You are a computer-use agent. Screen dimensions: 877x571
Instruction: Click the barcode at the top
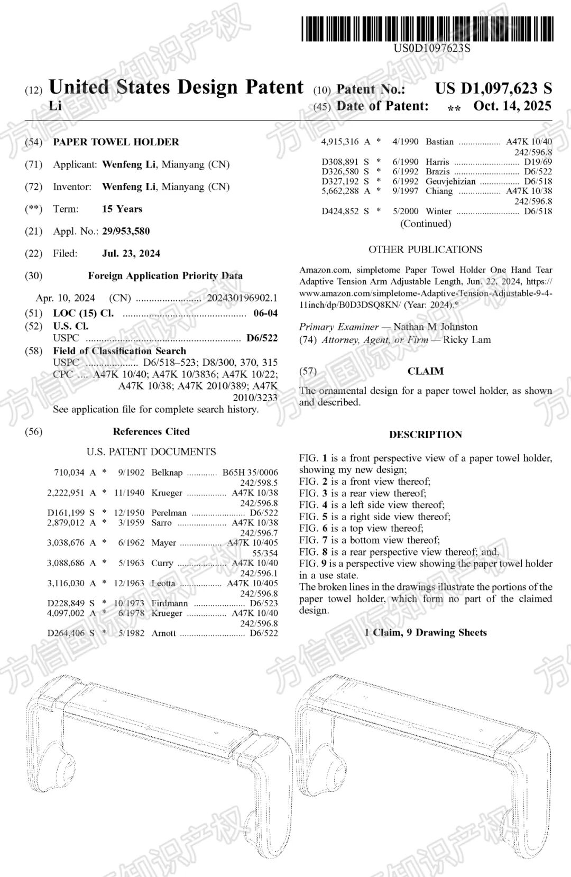[x=427, y=29]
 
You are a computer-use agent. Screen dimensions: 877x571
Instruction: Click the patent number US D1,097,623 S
[x=493, y=88]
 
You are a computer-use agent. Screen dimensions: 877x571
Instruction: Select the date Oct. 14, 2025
[x=512, y=106]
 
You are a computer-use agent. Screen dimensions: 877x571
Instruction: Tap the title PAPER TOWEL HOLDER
[x=116, y=142]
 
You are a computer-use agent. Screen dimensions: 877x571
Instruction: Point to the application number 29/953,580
[x=126, y=231]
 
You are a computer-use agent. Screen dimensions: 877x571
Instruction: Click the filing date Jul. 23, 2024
[x=131, y=253]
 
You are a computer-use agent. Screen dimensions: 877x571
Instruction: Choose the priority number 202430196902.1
[x=242, y=298]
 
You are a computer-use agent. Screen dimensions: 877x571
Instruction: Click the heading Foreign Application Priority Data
[x=165, y=275]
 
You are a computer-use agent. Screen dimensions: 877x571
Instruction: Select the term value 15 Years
[x=122, y=209]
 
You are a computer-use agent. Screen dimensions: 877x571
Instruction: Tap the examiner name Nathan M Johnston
[x=435, y=327]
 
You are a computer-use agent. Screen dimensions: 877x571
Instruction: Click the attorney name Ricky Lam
[x=467, y=339]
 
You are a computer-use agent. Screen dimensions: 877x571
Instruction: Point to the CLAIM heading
[x=425, y=371]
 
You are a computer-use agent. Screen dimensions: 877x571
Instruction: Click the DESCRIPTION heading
[x=425, y=435]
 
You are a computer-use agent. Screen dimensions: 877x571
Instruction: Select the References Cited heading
[x=151, y=431]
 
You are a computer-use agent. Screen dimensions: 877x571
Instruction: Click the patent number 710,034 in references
[x=69, y=472]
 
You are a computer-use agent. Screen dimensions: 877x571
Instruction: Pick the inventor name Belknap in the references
[x=167, y=472]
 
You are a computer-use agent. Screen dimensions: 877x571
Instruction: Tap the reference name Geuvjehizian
[x=450, y=181]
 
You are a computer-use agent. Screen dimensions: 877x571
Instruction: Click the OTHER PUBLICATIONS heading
[x=425, y=249]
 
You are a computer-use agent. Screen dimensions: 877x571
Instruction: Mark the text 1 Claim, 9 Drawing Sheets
[x=425, y=632]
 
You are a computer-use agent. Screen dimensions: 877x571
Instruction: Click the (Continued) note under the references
[x=425, y=223]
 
